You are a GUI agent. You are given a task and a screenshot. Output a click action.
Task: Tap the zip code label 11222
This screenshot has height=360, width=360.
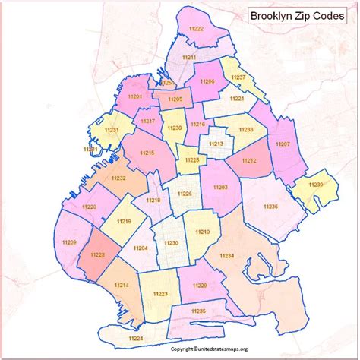point(196,29)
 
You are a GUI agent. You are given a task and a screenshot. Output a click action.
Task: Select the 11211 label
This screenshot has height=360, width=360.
point(189,58)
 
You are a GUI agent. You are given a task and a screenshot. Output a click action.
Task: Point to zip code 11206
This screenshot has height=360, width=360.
point(207,81)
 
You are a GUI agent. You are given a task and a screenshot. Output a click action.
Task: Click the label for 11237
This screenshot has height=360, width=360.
point(238,77)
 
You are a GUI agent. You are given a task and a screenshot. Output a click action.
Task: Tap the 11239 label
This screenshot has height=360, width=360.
point(316,185)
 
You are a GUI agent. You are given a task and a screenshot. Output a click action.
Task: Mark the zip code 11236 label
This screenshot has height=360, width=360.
point(271,206)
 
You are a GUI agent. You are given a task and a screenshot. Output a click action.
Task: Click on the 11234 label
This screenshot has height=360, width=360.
point(227,257)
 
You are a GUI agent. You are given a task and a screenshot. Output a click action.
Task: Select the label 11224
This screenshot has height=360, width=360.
point(136,337)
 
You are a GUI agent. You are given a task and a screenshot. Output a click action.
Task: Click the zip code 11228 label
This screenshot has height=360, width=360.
point(96,256)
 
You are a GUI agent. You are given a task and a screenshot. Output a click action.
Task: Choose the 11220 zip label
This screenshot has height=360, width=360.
point(90,207)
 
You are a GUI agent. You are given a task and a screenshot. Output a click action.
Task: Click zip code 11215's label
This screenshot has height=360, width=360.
point(147,153)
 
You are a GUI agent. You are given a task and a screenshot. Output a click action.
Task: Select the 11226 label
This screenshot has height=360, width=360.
point(185,194)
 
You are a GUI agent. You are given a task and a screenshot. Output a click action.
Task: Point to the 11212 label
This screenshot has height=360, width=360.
point(248,160)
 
